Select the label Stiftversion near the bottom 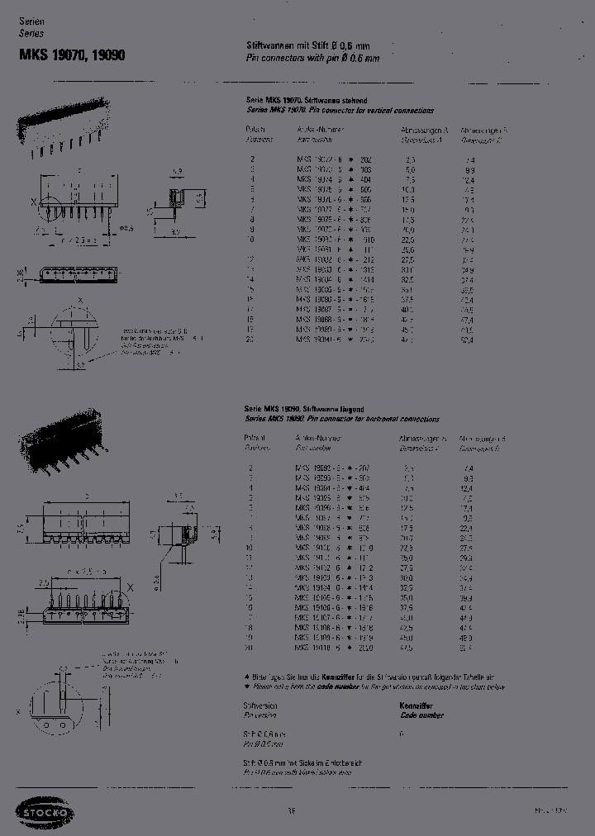(259, 706)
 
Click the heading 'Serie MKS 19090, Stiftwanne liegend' (306, 410)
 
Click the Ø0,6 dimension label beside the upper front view (126, 227)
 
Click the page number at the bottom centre (292, 811)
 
